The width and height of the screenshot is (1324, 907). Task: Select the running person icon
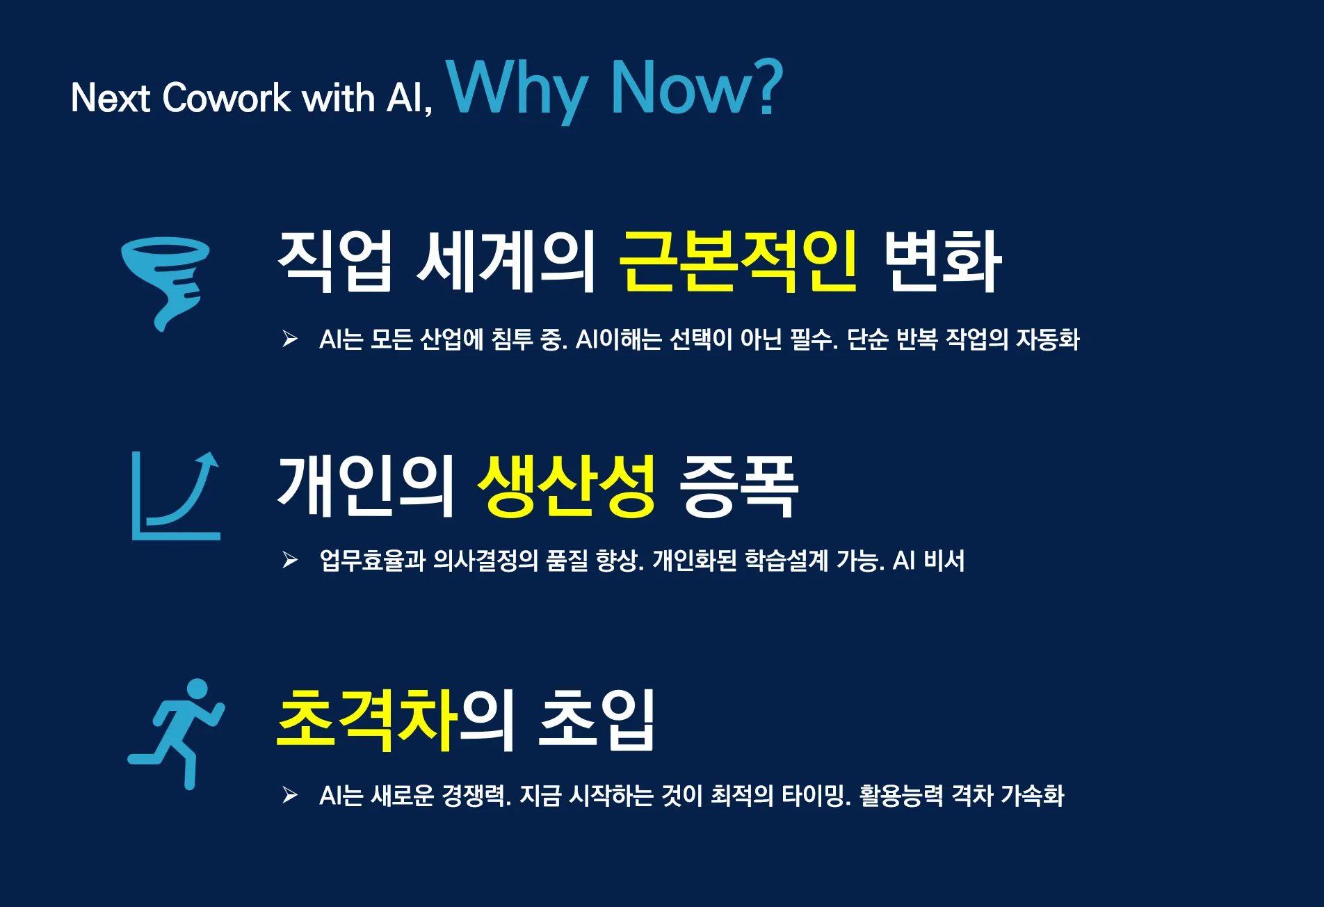click(177, 734)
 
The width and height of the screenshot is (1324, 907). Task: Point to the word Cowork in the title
click(227, 97)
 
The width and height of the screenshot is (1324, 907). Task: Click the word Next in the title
click(111, 97)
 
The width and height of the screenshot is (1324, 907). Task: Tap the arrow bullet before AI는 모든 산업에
click(290, 339)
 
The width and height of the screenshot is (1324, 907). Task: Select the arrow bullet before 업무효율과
click(290, 560)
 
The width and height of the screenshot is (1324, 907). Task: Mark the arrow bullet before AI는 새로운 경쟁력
click(290, 795)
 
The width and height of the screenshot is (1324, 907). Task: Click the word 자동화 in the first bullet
click(1048, 339)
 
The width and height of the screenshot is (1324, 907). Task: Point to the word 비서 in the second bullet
click(944, 561)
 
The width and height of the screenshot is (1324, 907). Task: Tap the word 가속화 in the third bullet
click(1033, 796)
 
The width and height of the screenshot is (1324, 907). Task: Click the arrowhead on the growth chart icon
click(208, 460)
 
